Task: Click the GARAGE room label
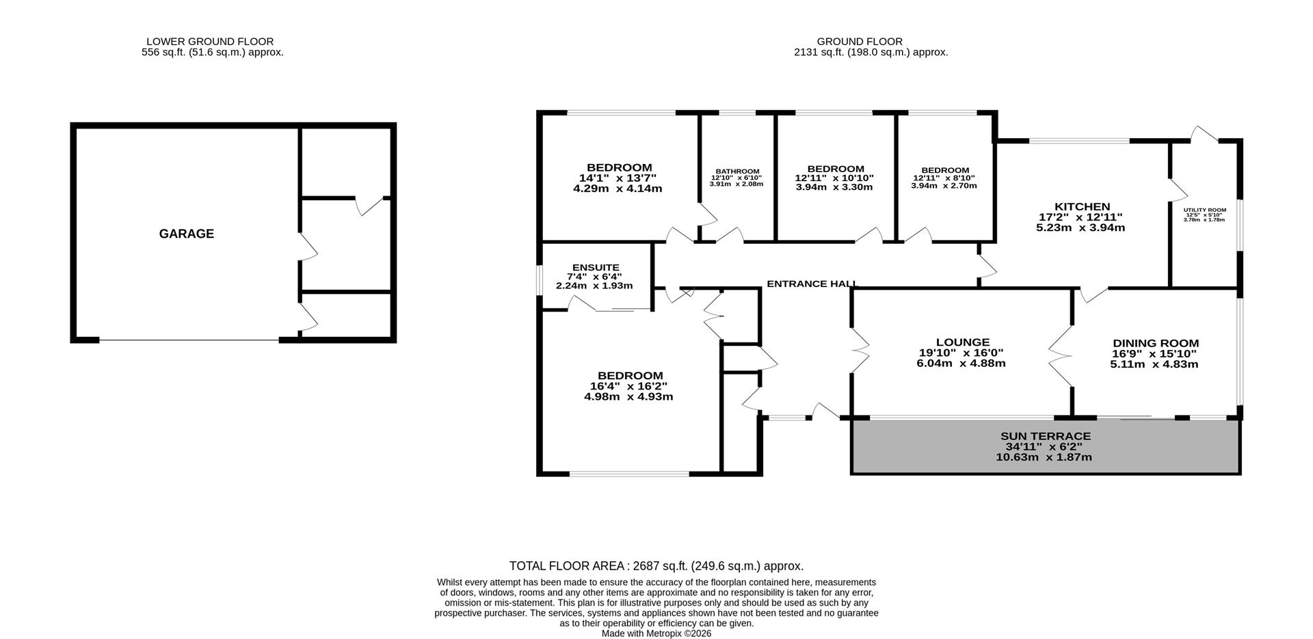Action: pyautogui.click(x=186, y=234)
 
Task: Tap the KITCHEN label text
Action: pyautogui.click(x=1082, y=206)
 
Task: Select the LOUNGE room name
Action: pyautogui.click(x=962, y=342)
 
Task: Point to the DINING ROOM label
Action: pyautogui.click(x=1155, y=343)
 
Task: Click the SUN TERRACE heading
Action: pyautogui.click(x=1045, y=436)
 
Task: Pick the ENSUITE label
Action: pyautogui.click(x=596, y=267)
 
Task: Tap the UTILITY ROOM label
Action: pyautogui.click(x=1204, y=210)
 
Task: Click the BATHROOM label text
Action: pyautogui.click(x=737, y=171)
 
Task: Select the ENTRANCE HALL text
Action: pyautogui.click(x=811, y=284)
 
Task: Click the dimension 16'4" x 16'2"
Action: pyautogui.click(x=629, y=386)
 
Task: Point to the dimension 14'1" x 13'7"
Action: pyautogui.click(x=618, y=178)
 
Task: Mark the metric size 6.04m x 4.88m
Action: pyautogui.click(x=961, y=363)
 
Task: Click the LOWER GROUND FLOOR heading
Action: pyautogui.click(x=210, y=42)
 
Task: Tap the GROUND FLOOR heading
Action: pyautogui.click(x=859, y=42)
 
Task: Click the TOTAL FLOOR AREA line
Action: pyautogui.click(x=656, y=566)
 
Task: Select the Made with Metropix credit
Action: pyautogui.click(x=656, y=634)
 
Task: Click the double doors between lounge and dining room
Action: pyautogui.click(x=1061, y=354)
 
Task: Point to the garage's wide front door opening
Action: pyautogui.click(x=189, y=340)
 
